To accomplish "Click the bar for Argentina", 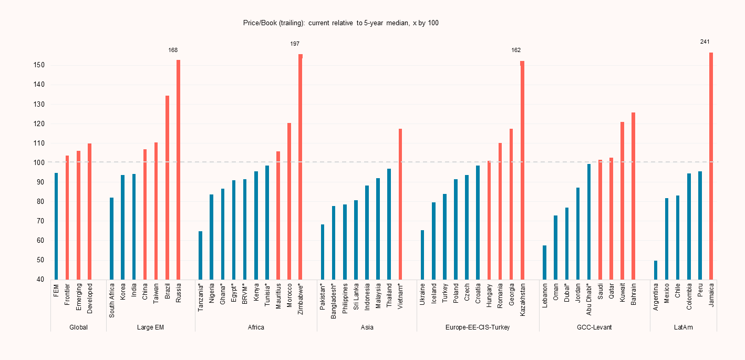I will tap(656, 270).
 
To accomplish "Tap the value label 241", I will tap(705, 42).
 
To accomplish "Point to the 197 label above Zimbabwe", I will tap(295, 44).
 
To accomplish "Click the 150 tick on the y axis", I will tap(40, 65).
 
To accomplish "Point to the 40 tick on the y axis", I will tap(40, 280).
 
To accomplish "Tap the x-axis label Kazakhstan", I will tap(523, 300).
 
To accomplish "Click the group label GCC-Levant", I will tap(594, 327).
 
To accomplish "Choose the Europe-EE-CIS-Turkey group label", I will tap(478, 327).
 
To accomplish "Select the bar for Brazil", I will tap(167, 188).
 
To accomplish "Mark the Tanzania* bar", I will tap(200, 255).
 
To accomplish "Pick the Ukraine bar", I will tap(422, 255).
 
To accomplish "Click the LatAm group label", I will tap(683, 327).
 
